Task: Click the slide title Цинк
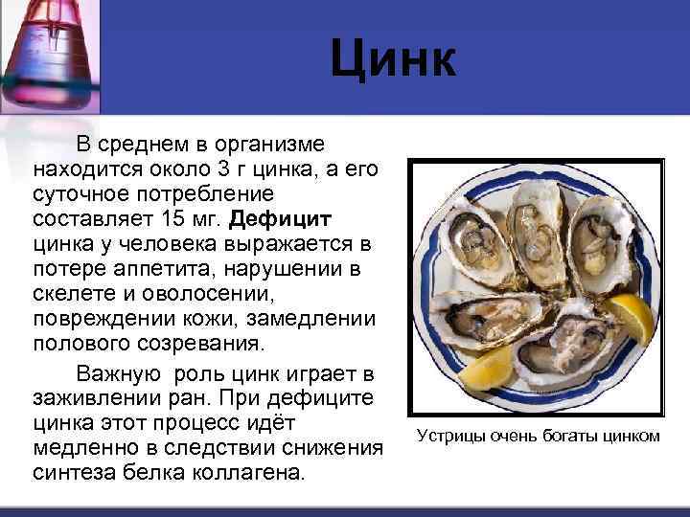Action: [x=393, y=60]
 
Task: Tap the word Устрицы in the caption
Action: [x=449, y=438]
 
